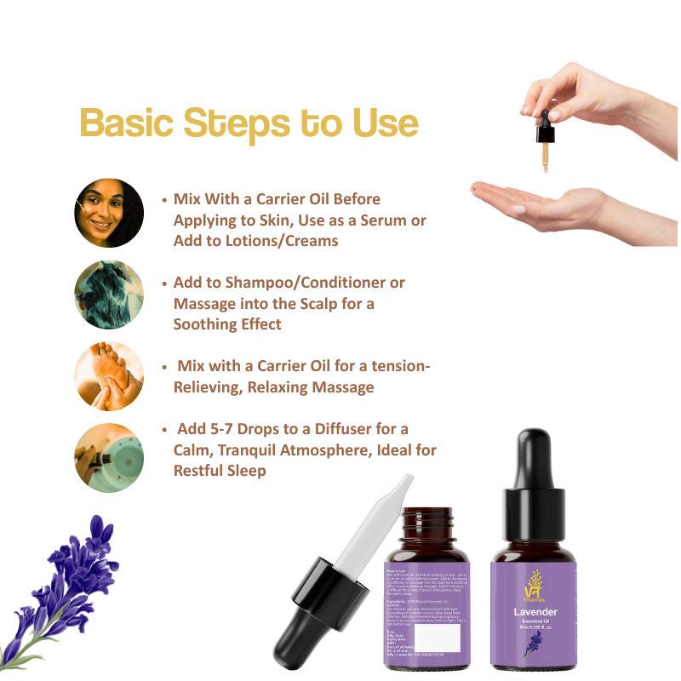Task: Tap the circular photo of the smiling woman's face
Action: pyautogui.click(x=109, y=213)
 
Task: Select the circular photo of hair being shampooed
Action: pyautogui.click(x=109, y=295)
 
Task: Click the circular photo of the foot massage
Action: pyautogui.click(x=109, y=376)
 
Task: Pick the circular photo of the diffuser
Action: pyautogui.click(x=109, y=457)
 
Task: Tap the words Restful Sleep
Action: pyautogui.click(x=220, y=470)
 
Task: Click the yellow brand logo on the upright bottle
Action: pyautogui.click(x=535, y=583)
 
